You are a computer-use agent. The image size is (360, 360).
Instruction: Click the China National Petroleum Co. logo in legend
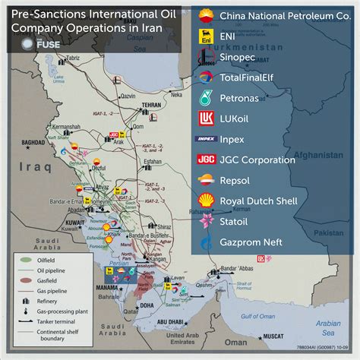205,16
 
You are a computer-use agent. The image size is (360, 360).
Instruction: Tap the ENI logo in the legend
205,36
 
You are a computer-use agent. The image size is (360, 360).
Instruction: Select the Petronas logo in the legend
205,98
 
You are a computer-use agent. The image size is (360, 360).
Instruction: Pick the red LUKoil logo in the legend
205,118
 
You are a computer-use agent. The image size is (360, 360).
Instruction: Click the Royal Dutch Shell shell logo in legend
205,201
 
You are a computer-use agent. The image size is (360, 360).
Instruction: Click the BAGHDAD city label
35,142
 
